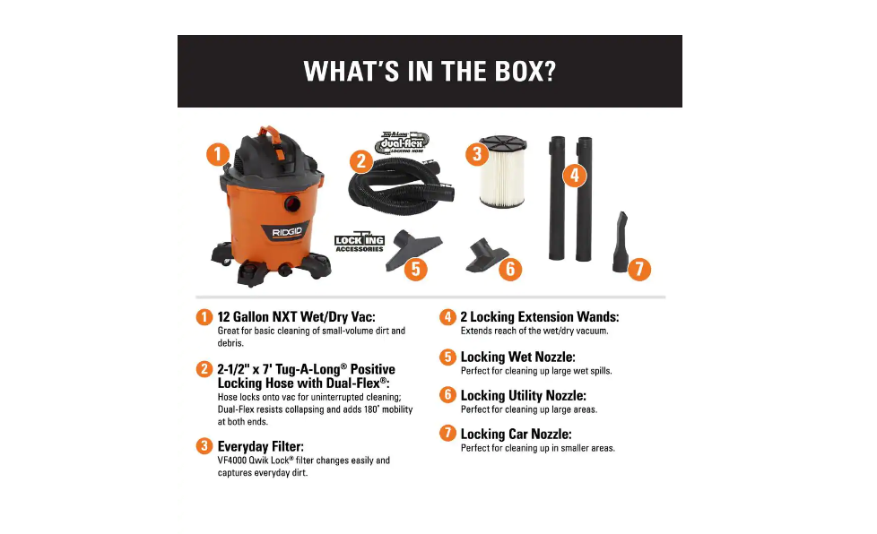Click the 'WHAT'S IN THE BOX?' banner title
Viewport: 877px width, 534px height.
click(430, 72)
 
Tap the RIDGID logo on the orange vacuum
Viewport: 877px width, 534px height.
click(288, 232)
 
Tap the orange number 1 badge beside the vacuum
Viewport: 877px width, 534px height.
click(217, 154)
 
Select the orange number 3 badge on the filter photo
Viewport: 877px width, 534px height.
click(477, 154)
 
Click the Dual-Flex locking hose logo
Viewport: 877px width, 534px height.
click(404, 142)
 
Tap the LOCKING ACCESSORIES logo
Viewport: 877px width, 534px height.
click(359, 243)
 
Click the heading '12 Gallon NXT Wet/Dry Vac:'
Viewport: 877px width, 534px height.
click(296, 316)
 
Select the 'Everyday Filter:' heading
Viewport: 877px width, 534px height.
click(260, 445)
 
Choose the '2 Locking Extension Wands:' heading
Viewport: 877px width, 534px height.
click(539, 316)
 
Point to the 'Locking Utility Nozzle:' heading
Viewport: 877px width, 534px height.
click(523, 395)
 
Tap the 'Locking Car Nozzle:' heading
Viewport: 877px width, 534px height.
click(516, 434)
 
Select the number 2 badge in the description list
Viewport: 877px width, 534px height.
click(204, 368)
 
